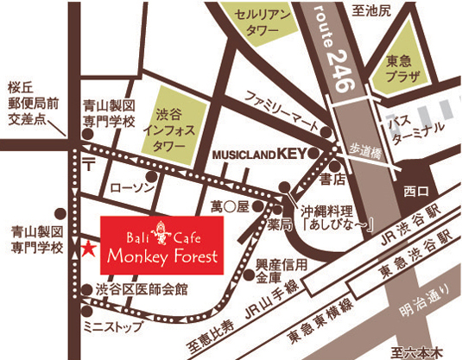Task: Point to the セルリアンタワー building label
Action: [258, 23]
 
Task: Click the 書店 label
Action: [328, 182]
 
